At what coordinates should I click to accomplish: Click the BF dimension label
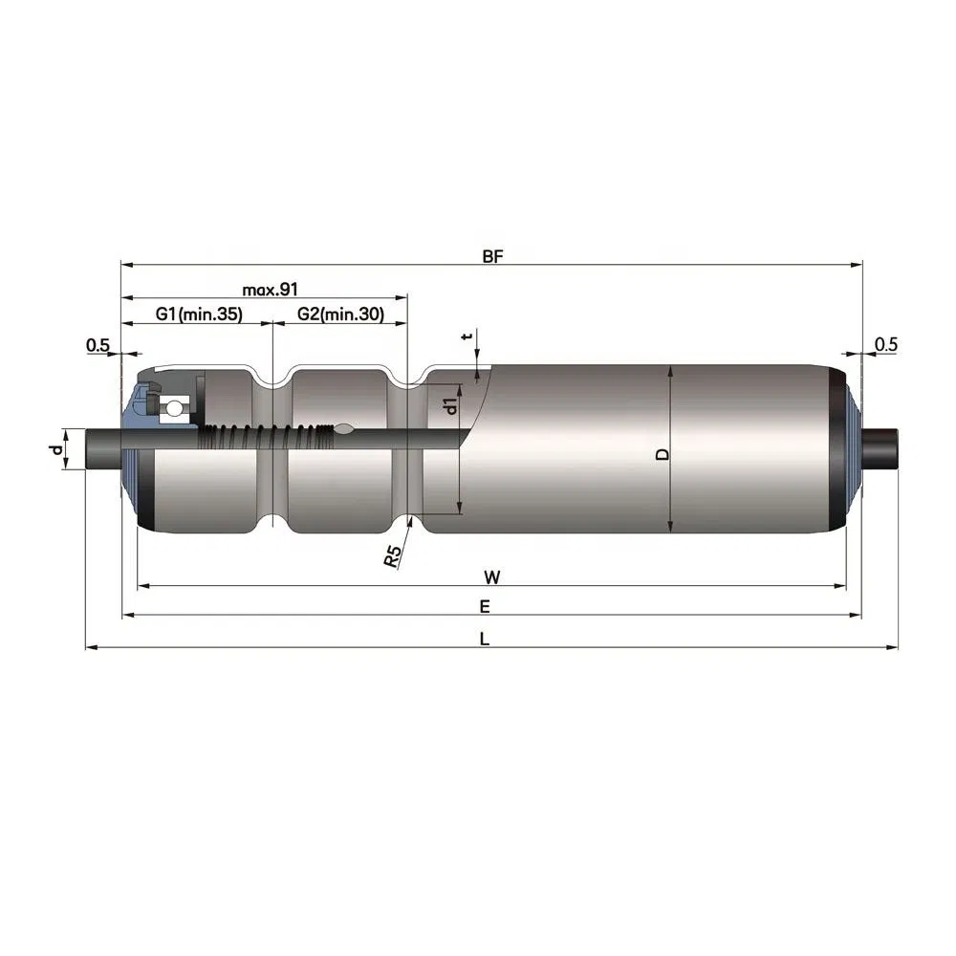pos(492,256)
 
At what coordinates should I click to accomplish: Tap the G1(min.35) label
pos(199,314)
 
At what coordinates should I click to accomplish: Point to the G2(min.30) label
pos(340,314)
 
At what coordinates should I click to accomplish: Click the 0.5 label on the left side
pos(98,344)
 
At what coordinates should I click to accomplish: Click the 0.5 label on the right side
pos(885,344)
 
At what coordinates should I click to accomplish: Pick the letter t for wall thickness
pos(467,337)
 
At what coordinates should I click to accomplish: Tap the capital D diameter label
pos(662,454)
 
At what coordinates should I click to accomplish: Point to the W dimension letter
pos(491,576)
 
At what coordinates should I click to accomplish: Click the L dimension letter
pos(485,639)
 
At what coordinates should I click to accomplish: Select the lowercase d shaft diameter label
pos(57,447)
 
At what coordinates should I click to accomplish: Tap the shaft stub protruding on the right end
pos(881,447)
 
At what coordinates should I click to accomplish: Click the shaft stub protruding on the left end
pos(103,447)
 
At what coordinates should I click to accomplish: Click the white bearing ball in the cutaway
pos(173,409)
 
